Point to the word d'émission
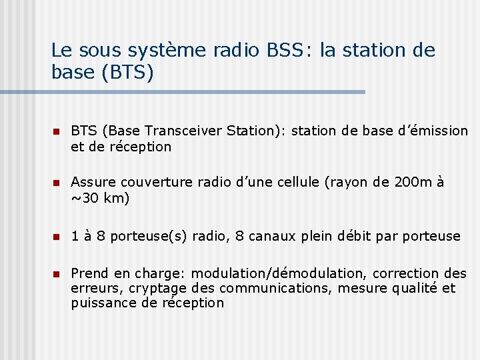pyautogui.click(x=431, y=131)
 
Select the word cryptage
pyautogui.click(x=159, y=289)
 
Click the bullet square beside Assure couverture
pyautogui.click(x=57, y=183)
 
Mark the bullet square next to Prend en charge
pyautogui.click(x=57, y=274)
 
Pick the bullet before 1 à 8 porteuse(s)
pyautogui.click(x=57, y=237)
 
